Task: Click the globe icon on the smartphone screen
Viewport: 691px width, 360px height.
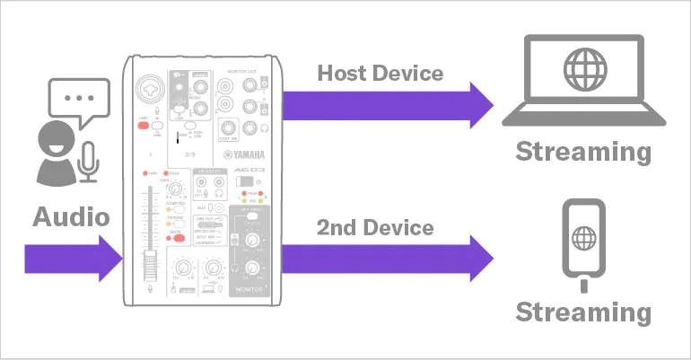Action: (x=584, y=240)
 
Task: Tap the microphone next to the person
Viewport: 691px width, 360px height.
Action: (x=87, y=158)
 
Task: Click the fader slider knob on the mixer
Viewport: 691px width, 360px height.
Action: (x=151, y=262)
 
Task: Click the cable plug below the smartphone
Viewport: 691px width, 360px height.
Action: (x=584, y=285)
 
